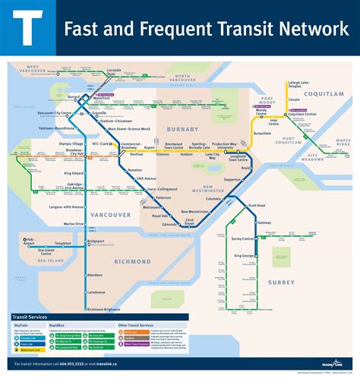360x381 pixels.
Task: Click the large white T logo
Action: (29, 29)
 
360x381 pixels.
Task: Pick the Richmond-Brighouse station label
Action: (104, 310)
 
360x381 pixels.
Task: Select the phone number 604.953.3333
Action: (87, 364)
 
